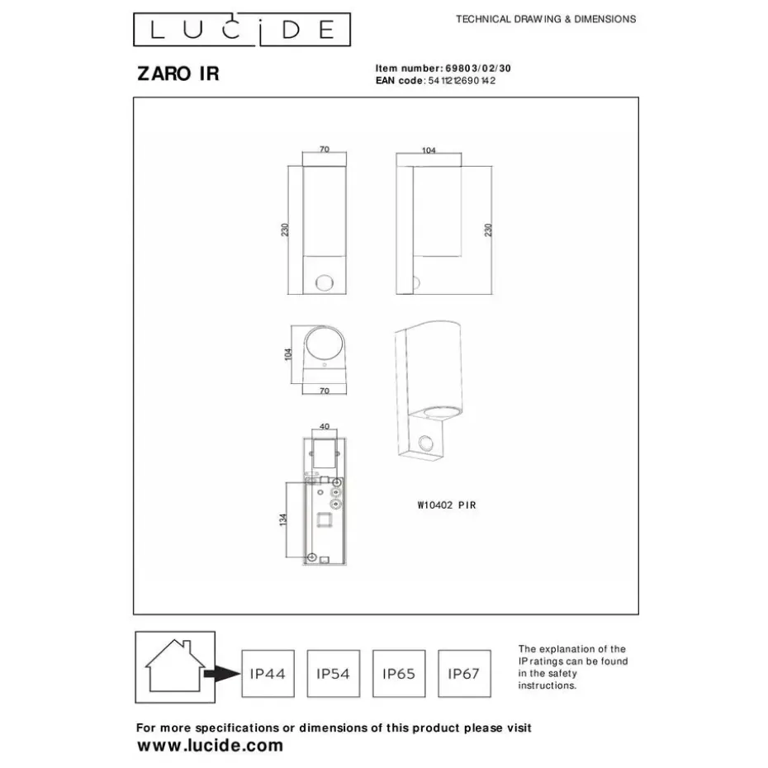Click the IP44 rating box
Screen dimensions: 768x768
(267, 674)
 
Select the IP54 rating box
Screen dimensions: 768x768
(333, 674)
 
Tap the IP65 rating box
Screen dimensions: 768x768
(399, 674)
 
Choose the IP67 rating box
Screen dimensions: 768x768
(464, 674)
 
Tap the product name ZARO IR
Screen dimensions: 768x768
(178, 74)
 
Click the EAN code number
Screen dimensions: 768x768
(462, 80)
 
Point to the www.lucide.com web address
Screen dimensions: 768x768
(209, 745)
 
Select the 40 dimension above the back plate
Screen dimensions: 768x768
(324, 427)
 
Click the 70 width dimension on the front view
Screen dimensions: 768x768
(324, 149)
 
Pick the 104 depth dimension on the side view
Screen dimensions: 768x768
(428, 150)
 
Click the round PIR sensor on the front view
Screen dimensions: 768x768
(324, 283)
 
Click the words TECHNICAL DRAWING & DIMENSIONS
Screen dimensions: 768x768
(546, 19)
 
